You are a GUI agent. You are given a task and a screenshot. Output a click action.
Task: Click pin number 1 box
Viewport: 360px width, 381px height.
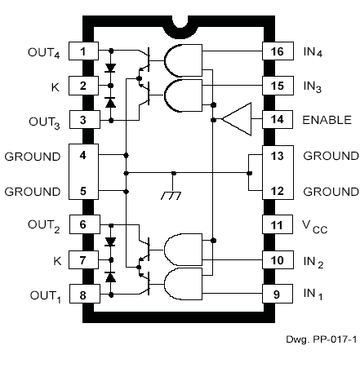pos(82,51)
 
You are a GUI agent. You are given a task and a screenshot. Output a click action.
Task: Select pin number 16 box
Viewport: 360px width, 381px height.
pos(276,51)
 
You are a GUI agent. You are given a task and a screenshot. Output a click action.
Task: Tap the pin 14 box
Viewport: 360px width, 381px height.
pos(276,119)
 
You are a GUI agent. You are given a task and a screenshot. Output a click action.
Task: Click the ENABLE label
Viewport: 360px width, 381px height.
pos(326,119)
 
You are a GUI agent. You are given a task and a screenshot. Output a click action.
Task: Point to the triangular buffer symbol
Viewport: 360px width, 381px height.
pos(236,120)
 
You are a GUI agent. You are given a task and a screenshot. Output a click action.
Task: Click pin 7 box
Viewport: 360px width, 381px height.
pos(82,260)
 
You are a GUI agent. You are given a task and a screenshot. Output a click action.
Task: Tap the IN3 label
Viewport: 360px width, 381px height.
pos(315,86)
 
